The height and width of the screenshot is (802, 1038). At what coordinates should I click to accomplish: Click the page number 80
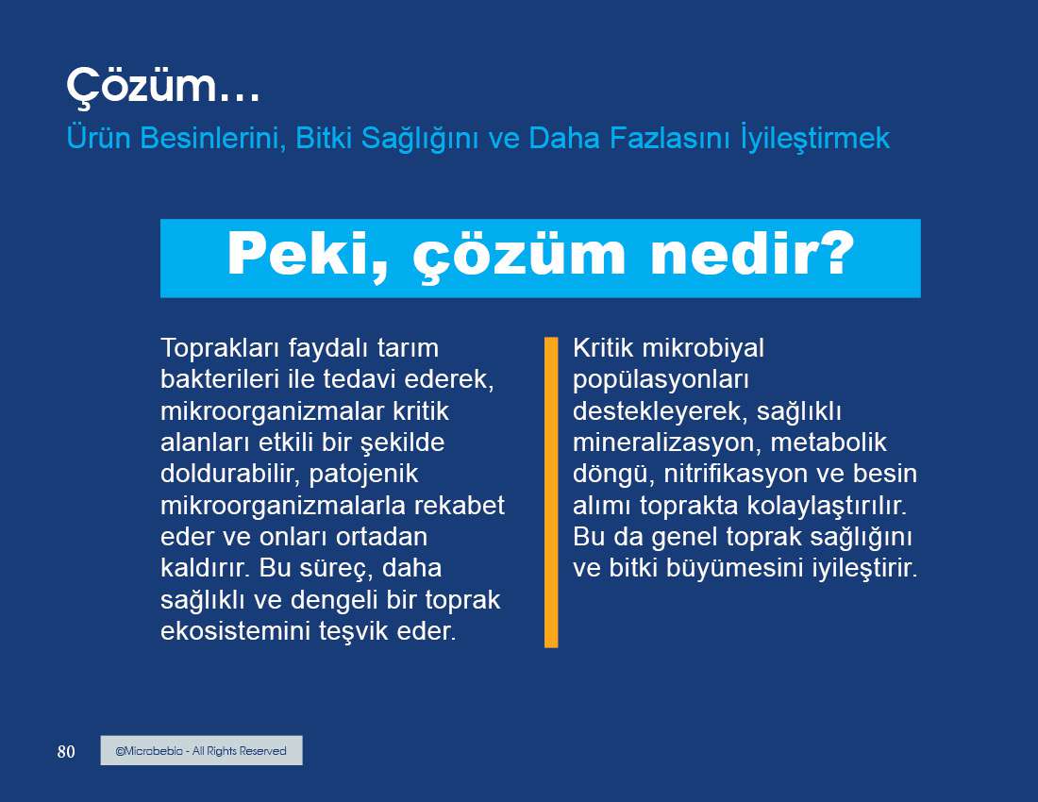pyautogui.click(x=66, y=752)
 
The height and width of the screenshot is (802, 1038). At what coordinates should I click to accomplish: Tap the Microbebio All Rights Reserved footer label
pyautogui.click(x=201, y=750)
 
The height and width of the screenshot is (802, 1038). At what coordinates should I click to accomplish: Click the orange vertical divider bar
pyautogui.click(x=551, y=492)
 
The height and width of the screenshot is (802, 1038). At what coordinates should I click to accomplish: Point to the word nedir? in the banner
pyautogui.click(x=753, y=254)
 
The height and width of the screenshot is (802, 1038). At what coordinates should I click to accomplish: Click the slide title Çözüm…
pyautogui.click(x=163, y=86)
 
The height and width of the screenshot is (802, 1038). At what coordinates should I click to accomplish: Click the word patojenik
pyautogui.click(x=363, y=474)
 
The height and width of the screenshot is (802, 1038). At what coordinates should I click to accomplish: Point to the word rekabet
pyautogui.click(x=459, y=505)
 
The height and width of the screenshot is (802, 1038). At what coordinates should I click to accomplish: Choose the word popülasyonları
pyautogui.click(x=661, y=380)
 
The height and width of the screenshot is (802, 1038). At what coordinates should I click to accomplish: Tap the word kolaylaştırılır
pyautogui.click(x=827, y=506)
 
